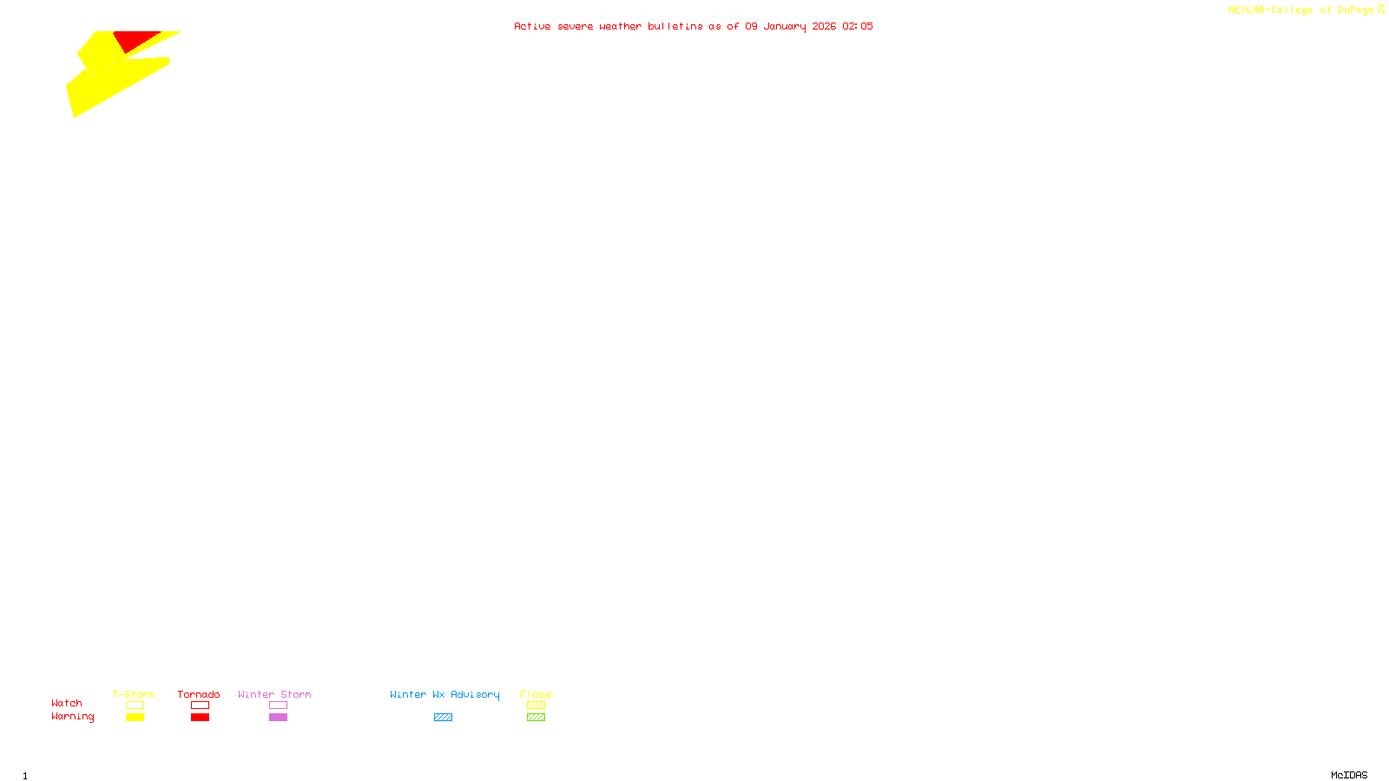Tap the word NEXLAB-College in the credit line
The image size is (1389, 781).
point(1270,10)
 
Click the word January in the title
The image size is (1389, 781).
point(784,26)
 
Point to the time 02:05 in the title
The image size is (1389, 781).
point(858,26)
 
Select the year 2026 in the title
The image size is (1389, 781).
point(824,26)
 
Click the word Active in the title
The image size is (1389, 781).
point(532,26)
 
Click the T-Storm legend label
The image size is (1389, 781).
point(134,694)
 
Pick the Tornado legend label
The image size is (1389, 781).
point(199,694)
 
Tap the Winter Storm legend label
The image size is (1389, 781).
point(274,694)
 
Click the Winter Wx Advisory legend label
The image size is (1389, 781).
point(444,694)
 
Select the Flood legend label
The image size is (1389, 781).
point(536,694)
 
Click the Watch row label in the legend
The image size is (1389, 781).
point(67,703)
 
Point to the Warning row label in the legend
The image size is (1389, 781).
point(73,717)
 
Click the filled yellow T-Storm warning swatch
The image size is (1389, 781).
point(135,718)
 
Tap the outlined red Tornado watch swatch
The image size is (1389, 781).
point(200,706)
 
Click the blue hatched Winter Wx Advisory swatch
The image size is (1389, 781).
point(443,718)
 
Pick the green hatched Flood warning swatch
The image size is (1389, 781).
point(536,718)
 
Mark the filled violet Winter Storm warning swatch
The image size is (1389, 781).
point(278,718)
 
